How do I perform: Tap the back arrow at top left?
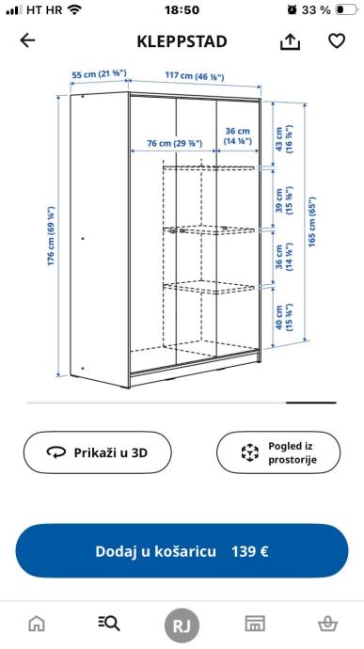click(27, 40)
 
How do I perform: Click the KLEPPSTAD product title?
click(182, 41)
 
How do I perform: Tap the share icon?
click(290, 41)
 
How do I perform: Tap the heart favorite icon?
click(337, 40)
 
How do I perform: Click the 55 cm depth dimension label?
click(99, 74)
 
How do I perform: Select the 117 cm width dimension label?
click(195, 76)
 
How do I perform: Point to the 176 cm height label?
click(52, 235)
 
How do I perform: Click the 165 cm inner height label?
click(312, 222)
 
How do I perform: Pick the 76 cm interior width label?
click(175, 143)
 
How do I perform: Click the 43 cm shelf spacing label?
click(284, 139)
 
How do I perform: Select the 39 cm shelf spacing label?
click(284, 200)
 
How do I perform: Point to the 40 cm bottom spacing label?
click(284, 317)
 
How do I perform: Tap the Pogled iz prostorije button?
click(278, 452)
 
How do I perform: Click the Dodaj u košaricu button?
click(182, 551)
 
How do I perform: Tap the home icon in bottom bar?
click(37, 624)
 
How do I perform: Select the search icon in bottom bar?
click(109, 623)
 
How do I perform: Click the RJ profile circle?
click(182, 625)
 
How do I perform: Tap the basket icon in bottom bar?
click(327, 624)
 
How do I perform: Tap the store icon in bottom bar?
click(255, 624)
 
